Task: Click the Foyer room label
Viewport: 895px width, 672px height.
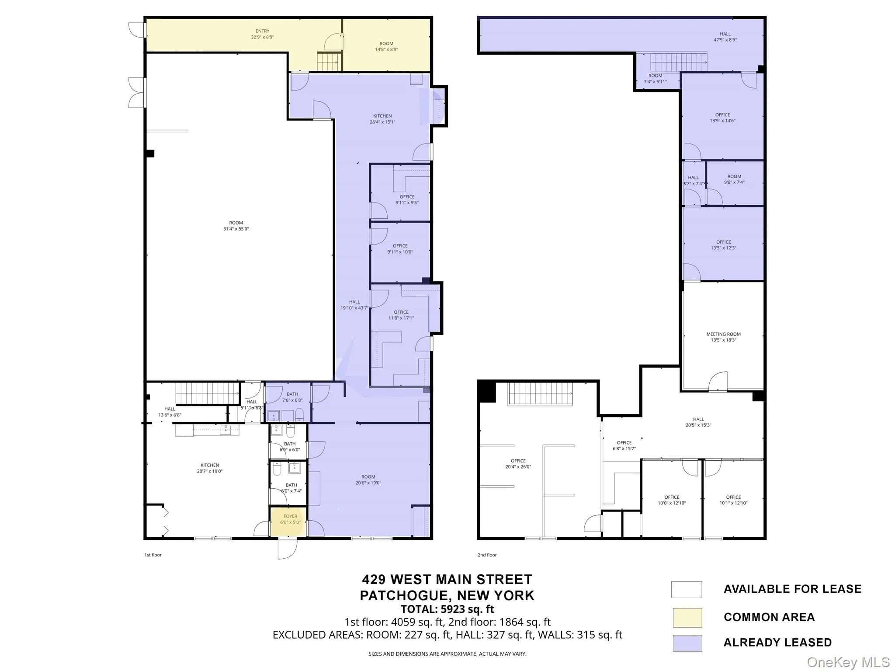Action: pyautogui.click(x=290, y=519)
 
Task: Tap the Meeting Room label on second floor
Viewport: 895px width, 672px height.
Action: pyautogui.click(x=723, y=337)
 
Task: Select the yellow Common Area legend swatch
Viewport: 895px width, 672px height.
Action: pyautogui.click(x=687, y=617)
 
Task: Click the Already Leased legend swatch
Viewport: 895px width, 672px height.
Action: pyautogui.click(x=687, y=643)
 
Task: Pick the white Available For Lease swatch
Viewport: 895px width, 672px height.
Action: pyautogui.click(x=687, y=589)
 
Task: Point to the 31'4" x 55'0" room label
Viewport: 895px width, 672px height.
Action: pyautogui.click(x=236, y=226)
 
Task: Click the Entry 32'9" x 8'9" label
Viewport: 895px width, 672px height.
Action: pyautogui.click(x=262, y=34)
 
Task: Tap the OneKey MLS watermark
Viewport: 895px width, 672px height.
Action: pyautogui.click(x=848, y=662)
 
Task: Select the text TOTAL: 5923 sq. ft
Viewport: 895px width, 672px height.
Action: pyautogui.click(x=447, y=609)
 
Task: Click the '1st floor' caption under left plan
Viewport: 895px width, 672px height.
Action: pyautogui.click(x=153, y=555)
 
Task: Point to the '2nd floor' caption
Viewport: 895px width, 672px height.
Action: pyautogui.click(x=487, y=555)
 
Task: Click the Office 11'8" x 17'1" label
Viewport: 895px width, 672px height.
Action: pyautogui.click(x=401, y=315)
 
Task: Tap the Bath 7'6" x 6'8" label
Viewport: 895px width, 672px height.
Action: pyautogui.click(x=292, y=397)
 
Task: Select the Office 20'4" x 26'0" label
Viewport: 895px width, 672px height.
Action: pyautogui.click(x=518, y=464)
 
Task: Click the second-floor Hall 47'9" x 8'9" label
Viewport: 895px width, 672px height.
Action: pyautogui.click(x=725, y=37)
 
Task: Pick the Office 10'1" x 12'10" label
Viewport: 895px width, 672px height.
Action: pyautogui.click(x=733, y=500)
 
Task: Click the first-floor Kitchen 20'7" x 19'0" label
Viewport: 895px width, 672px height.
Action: pyautogui.click(x=210, y=468)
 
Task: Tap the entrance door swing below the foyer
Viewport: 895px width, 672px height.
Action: pyautogui.click(x=287, y=549)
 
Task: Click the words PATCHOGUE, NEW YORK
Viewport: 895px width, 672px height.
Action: pyautogui.click(x=447, y=595)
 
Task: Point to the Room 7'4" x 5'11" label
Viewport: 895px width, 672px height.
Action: pyautogui.click(x=655, y=78)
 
